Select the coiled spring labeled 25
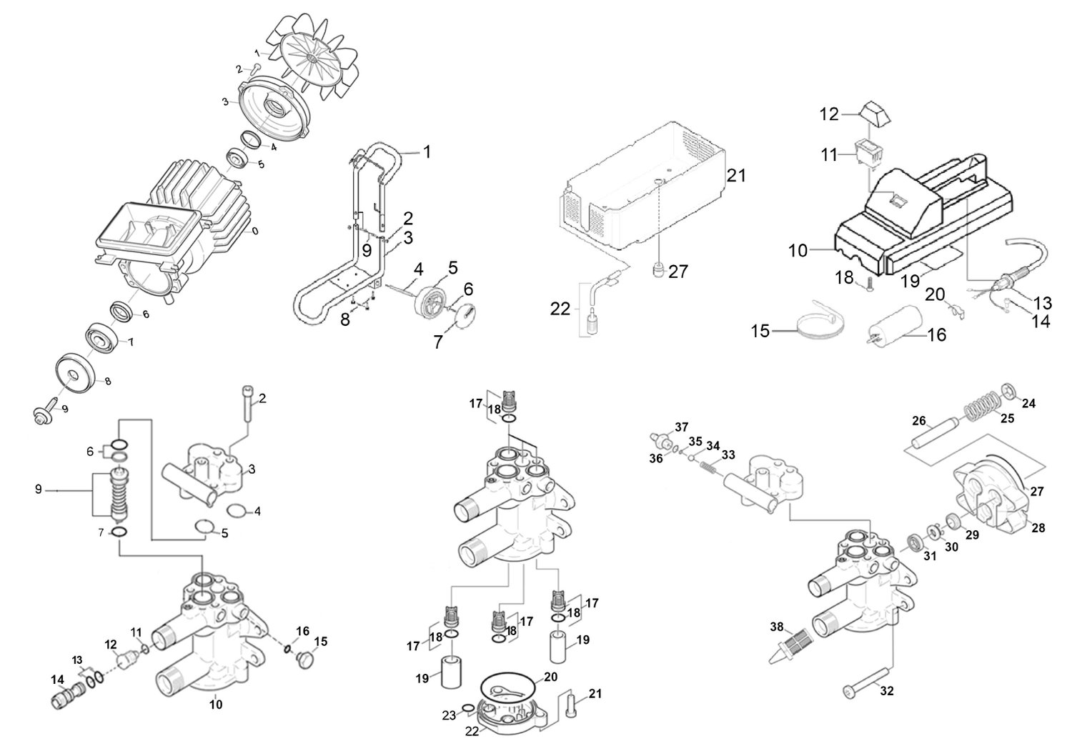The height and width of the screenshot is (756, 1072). pos(983,412)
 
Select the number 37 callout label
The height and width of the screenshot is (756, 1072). pos(683,427)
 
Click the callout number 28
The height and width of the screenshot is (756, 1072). pos(1038,528)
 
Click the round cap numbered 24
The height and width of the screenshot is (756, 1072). pos(1009,392)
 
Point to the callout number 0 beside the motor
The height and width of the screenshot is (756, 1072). pos(254,232)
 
